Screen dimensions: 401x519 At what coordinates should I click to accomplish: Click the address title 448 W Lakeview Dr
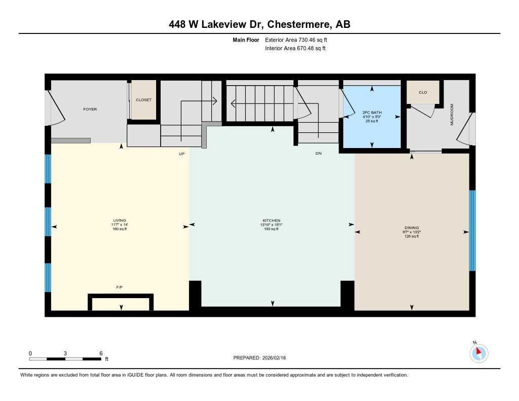(259, 24)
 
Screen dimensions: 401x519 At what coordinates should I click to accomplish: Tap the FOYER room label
(90, 109)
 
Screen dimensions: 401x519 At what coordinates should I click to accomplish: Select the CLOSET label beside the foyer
(143, 100)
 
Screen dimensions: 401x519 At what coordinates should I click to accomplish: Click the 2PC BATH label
(372, 112)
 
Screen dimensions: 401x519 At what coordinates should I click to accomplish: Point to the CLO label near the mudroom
(423, 92)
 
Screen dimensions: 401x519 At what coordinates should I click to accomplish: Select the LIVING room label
(120, 221)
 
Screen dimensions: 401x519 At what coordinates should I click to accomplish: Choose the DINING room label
(411, 228)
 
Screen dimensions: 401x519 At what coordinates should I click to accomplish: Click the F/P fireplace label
(120, 287)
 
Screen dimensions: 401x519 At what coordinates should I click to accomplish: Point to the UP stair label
(181, 153)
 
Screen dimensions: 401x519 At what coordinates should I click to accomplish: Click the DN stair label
(318, 153)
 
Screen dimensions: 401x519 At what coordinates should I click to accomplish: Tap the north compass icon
(479, 353)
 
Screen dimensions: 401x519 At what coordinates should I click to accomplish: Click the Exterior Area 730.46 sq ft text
(300, 40)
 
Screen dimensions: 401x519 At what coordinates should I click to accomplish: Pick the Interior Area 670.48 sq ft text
(295, 49)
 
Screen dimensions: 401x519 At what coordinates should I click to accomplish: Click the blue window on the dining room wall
(472, 231)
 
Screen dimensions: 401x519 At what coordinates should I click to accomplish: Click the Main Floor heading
(246, 40)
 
